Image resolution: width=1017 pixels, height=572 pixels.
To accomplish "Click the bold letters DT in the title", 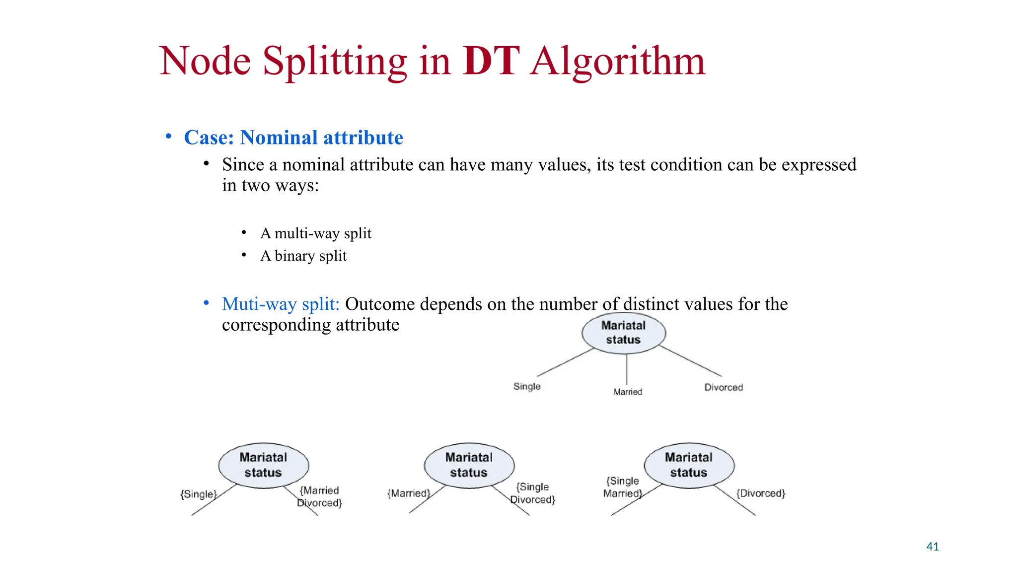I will pos(491,61).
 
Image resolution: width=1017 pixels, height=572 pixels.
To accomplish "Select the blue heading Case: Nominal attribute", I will pos(293,138).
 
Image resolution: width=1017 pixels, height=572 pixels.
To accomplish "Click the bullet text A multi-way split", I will pos(315,233).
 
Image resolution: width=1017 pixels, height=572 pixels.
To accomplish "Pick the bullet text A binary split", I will pos(303,256).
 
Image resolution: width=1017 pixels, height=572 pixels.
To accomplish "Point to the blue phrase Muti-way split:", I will pos(281,304).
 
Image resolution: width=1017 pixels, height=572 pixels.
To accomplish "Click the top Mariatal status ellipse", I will pos(623,333).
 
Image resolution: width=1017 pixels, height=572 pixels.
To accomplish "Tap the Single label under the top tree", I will pos(527,386).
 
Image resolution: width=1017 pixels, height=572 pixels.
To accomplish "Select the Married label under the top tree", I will pos(628,392).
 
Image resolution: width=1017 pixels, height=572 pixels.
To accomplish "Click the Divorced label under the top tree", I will pos(724,387).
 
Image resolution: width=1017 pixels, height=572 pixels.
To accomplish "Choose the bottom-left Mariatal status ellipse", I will pos(263,465).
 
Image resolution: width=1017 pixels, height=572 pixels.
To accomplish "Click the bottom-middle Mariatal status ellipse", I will pos(469,465).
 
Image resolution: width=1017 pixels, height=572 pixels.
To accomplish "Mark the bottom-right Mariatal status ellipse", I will pos(689,465).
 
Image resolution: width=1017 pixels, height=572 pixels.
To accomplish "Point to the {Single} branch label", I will pos(199,494).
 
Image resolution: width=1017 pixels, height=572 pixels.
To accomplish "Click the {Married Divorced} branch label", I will pos(320,497).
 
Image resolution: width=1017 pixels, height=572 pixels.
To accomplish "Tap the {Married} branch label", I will pos(408,493).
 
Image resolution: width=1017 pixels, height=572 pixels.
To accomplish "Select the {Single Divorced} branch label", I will pos(533,493).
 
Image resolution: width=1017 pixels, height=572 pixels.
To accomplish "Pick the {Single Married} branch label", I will pos(622,487).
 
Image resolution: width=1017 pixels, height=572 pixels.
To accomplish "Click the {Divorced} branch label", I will pos(760,493).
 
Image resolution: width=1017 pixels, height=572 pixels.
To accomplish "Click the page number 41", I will pos(933,547).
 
